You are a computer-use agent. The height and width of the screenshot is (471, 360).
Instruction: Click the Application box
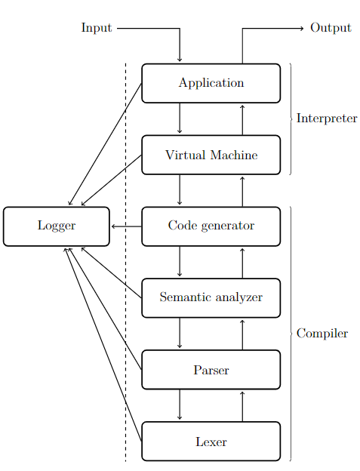click(x=211, y=83)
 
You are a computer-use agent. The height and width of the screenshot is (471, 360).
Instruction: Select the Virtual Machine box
click(x=211, y=155)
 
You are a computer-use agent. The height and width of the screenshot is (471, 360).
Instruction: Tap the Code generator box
click(x=211, y=226)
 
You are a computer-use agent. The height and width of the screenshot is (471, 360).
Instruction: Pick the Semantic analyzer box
click(x=211, y=298)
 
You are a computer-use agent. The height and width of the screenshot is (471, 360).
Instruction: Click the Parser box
click(x=211, y=370)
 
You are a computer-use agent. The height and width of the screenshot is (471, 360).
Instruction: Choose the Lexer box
click(x=211, y=442)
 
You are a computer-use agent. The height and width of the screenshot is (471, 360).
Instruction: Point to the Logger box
click(x=57, y=226)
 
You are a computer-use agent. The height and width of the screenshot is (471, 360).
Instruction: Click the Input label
click(x=97, y=28)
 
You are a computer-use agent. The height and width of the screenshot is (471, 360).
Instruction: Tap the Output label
click(x=331, y=28)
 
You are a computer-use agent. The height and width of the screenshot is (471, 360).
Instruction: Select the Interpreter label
click(x=327, y=119)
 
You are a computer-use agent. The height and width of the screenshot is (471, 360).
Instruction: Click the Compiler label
click(x=322, y=334)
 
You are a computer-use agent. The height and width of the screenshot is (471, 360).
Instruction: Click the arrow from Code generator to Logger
click(x=126, y=226)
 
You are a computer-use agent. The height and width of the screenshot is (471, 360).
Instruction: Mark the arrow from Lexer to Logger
click(x=103, y=344)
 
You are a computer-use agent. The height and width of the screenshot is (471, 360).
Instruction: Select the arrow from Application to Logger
click(x=105, y=144)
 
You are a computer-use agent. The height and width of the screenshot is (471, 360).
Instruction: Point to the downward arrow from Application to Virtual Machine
click(x=180, y=118)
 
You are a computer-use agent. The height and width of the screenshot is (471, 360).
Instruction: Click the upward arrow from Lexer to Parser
click(x=242, y=406)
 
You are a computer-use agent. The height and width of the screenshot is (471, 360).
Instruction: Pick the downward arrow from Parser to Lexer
click(x=180, y=405)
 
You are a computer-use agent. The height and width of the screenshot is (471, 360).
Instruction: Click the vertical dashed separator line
click(x=125, y=262)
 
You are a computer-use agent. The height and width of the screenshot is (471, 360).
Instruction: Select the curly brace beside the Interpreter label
click(x=291, y=119)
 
